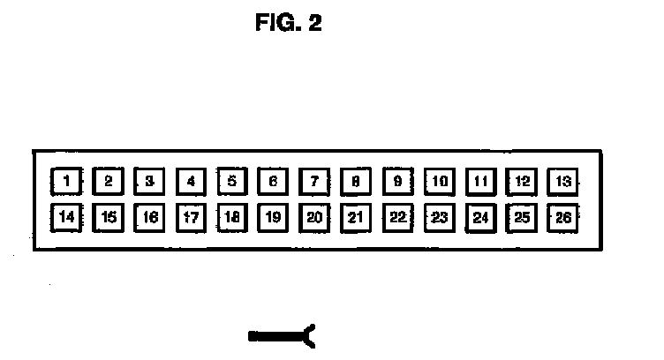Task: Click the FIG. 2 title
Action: [289, 23]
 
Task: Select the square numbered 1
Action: [65, 182]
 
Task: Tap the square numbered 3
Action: [148, 182]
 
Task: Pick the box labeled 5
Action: [231, 182]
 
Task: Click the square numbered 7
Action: [313, 182]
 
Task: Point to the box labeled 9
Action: [396, 182]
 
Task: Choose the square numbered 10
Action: [439, 182]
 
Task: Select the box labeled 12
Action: [522, 182]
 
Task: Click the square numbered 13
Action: [562, 182]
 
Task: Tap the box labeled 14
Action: [65, 216]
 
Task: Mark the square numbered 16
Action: [148, 216]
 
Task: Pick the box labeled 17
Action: [190, 216]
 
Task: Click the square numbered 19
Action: [272, 216]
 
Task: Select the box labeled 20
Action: [313, 216]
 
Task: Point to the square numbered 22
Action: [396, 216]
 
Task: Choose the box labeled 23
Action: [439, 216]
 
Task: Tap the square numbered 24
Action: [480, 216]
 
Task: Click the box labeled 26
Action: [562, 216]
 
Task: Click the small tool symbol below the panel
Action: [283, 334]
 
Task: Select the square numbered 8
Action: [355, 182]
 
